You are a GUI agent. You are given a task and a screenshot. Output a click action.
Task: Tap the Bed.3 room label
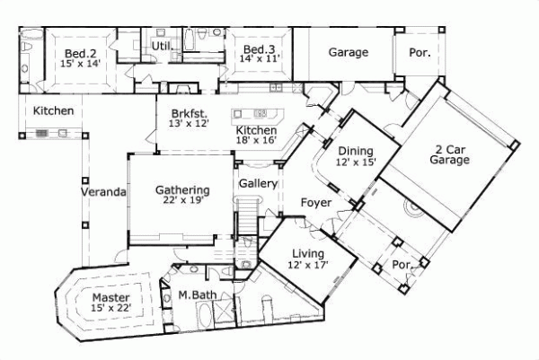259,48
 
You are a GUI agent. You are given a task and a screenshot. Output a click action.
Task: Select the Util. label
162,45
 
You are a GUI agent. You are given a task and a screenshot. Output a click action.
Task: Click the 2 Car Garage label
450,154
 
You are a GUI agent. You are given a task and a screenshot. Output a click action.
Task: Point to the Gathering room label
182,190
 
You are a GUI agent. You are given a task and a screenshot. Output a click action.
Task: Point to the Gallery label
256,184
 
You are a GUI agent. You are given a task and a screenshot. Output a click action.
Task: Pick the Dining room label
355,151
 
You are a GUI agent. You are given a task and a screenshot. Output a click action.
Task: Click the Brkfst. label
188,113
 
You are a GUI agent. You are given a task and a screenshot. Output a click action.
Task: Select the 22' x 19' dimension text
182,201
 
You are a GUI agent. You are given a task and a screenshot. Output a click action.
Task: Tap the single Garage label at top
347,52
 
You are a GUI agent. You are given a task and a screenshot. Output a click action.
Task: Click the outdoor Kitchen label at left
53,111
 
